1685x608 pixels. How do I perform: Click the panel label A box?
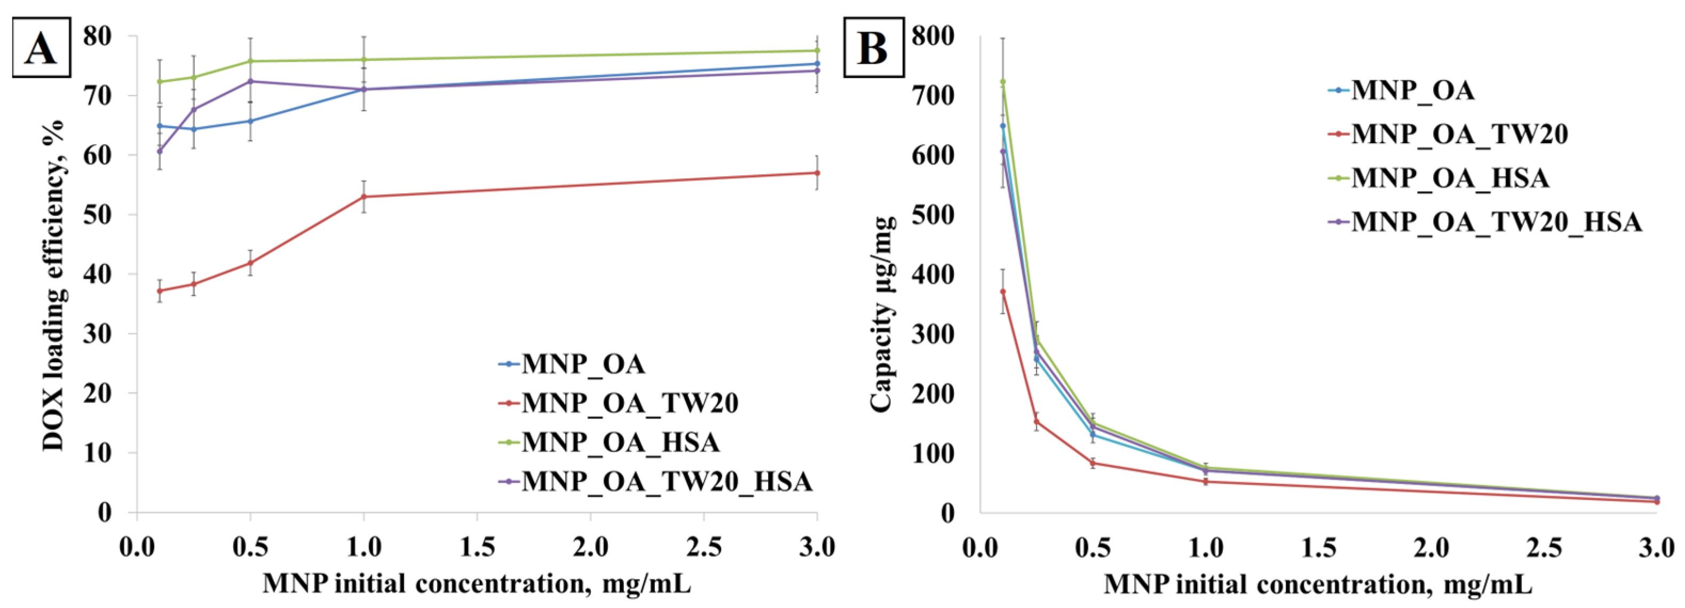[x=41, y=48]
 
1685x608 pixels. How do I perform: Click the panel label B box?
[x=873, y=48]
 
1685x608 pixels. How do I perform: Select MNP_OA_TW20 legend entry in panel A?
[x=629, y=402]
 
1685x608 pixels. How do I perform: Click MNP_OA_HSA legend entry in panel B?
[x=1450, y=178]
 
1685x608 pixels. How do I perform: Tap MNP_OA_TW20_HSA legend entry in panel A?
[x=666, y=481]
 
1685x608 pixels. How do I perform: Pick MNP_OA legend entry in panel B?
[x=1413, y=90]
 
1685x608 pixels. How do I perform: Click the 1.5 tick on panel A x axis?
[x=477, y=547]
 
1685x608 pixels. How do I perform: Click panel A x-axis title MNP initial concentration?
[x=477, y=583]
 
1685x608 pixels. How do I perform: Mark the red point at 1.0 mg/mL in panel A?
[x=363, y=196]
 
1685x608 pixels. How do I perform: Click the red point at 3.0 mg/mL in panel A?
[x=817, y=173]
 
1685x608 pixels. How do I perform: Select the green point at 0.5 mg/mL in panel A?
[x=250, y=61]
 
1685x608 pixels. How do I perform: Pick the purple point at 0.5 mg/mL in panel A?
[x=250, y=81]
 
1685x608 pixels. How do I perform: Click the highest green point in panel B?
[x=1003, y=82]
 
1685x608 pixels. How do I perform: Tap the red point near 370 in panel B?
[x=1003, y=291]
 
